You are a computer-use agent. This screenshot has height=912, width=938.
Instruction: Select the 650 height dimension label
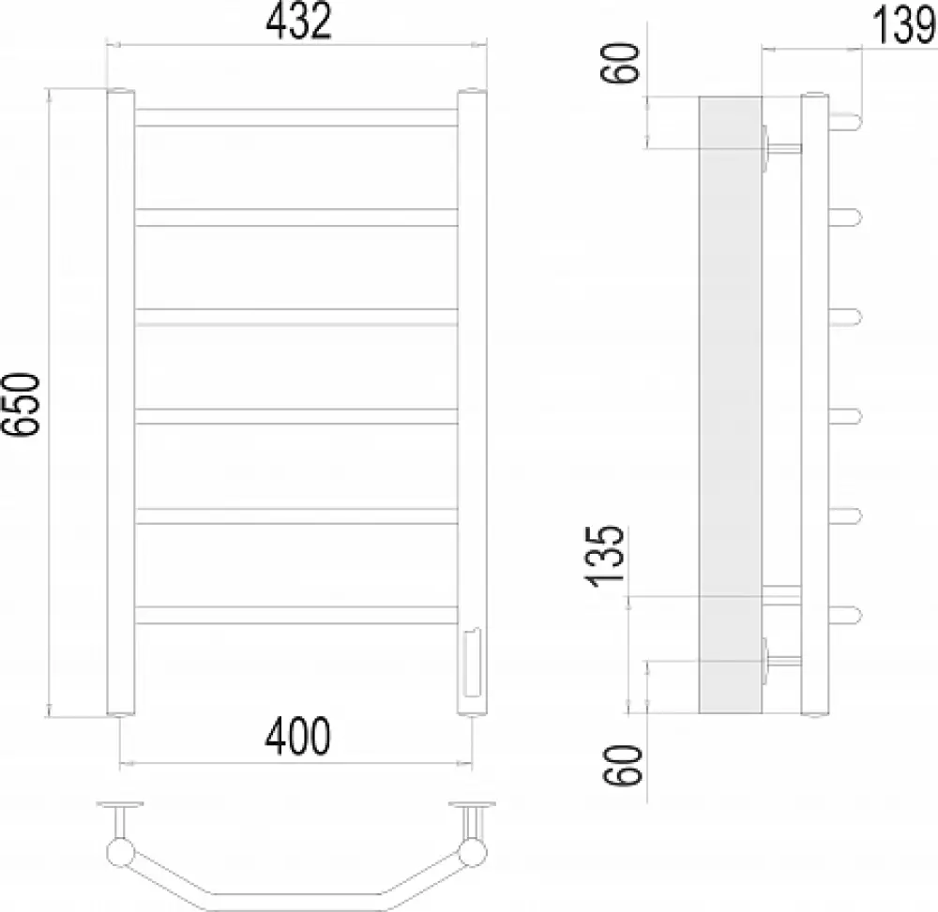[23, 403]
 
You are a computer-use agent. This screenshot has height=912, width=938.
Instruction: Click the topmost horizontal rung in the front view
[296, 117]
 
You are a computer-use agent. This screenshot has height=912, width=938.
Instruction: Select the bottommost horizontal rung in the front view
[296, 615]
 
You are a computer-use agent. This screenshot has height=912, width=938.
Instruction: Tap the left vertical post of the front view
[121, 403]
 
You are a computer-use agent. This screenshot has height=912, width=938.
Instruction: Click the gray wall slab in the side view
[731, 403]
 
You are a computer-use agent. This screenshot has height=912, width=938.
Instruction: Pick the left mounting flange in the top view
[118, 805]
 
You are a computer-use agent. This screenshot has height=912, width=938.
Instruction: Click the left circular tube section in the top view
[120, 852]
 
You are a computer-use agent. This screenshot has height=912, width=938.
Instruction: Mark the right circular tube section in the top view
[473, 852]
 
